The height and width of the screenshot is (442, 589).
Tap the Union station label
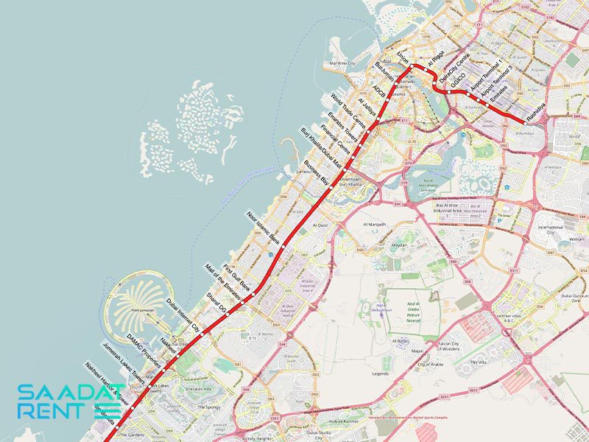(x=402, y=57)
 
